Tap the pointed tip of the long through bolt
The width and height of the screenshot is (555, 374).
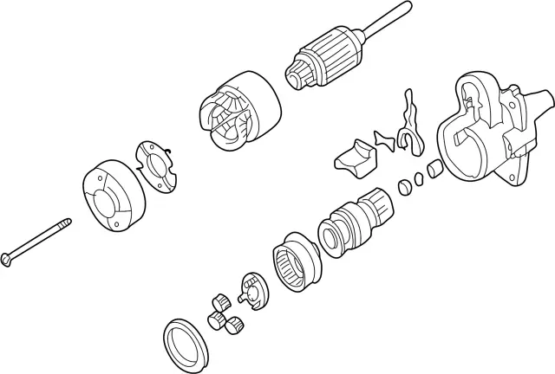69,220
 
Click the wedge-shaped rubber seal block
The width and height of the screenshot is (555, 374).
355,158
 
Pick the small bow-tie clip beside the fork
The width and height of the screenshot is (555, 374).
382,139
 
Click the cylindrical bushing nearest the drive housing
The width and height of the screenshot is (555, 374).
434,167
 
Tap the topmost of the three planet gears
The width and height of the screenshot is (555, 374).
219,300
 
